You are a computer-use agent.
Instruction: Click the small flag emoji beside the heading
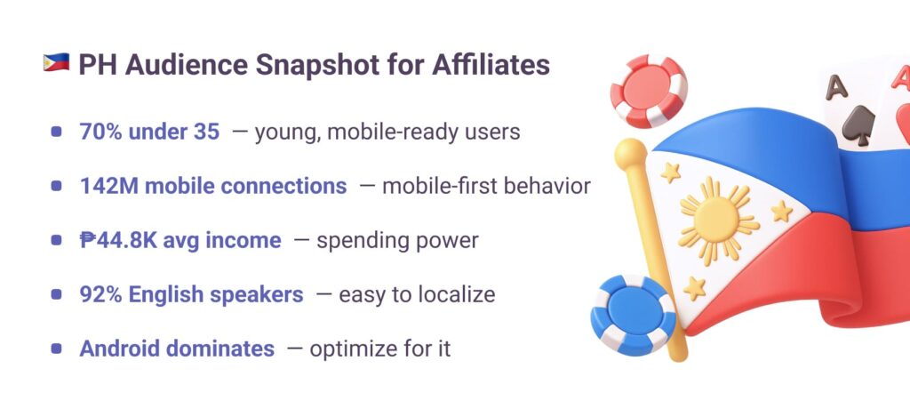click(56, 63)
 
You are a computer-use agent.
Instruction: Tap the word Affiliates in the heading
click(491, 64)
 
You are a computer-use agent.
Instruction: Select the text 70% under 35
click(149, 132)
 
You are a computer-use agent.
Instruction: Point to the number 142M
click(109, 186)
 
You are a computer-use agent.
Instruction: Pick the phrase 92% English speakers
click(192, 294)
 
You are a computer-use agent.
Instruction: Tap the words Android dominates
click(177, 349)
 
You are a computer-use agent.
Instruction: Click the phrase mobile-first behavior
click(486, 186)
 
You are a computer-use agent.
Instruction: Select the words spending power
click(397, 241)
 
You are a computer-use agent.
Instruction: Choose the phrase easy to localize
click(418, 294)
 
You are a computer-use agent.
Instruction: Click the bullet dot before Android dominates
click(56, 349)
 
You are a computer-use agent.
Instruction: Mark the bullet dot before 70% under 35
click(56, 132)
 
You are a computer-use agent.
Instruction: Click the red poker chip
click(648, 92)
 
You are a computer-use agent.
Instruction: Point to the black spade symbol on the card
click(858, 124)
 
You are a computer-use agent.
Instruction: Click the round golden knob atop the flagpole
click(631, 155)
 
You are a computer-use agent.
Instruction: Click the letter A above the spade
click(837, 87)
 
